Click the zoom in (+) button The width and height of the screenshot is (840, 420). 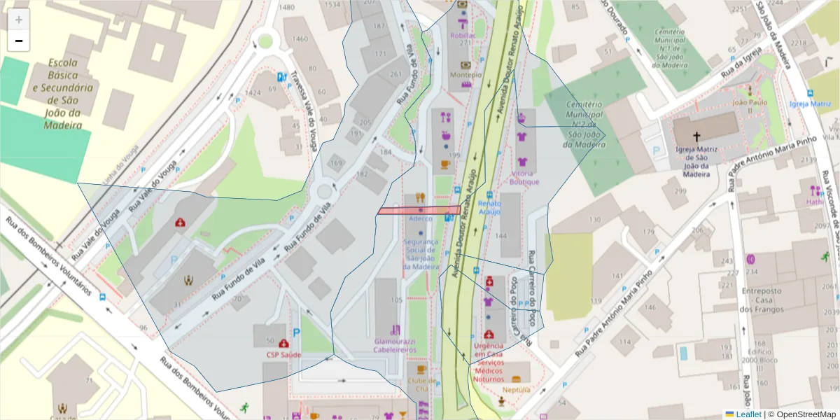tap(19, 20)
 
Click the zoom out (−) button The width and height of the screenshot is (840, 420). tap(19, 41)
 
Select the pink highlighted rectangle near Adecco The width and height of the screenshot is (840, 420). tap(419, 210)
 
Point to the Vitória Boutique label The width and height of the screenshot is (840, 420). tap(524, 178)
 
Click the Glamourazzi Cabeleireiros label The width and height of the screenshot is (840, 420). tap(395, 345)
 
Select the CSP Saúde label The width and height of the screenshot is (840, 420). tap(283, 355)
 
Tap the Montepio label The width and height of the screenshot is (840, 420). tap(465, 75)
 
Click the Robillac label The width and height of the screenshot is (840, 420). tap(463, 35)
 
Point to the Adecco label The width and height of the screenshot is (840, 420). tap(420, 218)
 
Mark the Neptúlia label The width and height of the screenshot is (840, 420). tap(516, 389)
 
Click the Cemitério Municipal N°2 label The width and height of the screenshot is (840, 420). tap(584, 124)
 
